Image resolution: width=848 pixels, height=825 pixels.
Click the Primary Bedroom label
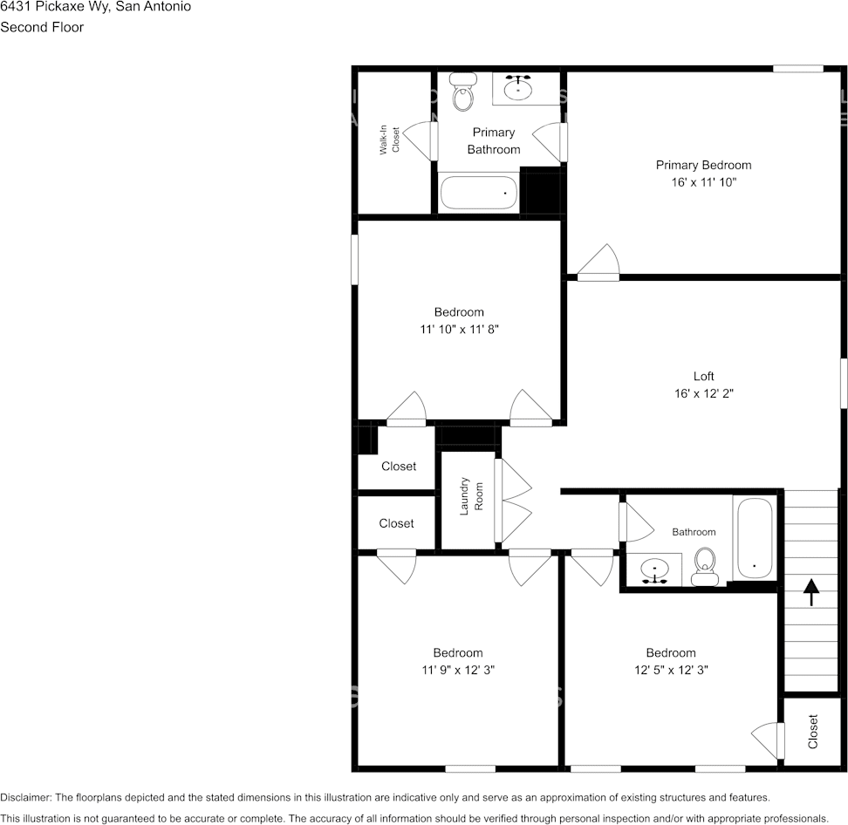click(x=703, y=165)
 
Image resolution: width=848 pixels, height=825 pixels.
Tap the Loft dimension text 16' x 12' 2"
click(x=703, y=393)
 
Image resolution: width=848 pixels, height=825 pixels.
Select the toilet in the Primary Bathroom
click(x=462, y=91)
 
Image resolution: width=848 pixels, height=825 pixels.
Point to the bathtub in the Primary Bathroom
click(x=479, y=193)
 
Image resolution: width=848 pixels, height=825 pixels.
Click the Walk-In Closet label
click(x=389, y=140)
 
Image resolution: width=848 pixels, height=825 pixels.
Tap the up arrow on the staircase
click(x=811, y=592)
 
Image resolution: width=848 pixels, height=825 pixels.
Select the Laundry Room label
click(x=471, y=495)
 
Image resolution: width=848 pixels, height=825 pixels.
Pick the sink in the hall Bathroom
click(x=654, y=571)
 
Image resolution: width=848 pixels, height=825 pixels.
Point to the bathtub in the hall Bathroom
click(x=754, y=537)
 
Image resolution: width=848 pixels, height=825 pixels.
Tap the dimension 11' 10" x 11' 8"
click(x=459, y=330)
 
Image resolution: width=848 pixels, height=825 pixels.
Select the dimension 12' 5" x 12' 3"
click(x=671, y=671)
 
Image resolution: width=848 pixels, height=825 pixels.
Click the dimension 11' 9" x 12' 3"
click(x=458, y=671)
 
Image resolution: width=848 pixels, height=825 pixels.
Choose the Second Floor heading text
click(x=42, y=27)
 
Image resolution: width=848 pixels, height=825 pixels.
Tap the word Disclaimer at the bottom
click(x=26, y=797)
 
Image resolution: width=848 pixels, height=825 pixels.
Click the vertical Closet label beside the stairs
click(x=813, y=732)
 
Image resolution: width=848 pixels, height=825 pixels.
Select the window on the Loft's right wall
click(x=844, y=381)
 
